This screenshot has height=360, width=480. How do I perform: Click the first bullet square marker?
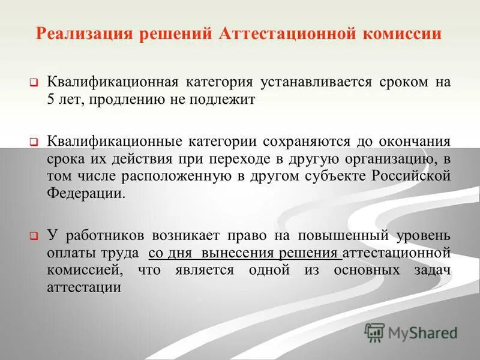(x=34, y=82)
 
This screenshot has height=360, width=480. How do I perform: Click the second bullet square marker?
(x=34, y=143)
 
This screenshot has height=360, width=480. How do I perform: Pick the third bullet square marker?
(x=34, y=236)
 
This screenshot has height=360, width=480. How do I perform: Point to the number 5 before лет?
(x=51, y=100)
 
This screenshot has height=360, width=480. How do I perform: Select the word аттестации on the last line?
(x=83, y=287)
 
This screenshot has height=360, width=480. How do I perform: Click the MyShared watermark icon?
(x=374, y=332)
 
